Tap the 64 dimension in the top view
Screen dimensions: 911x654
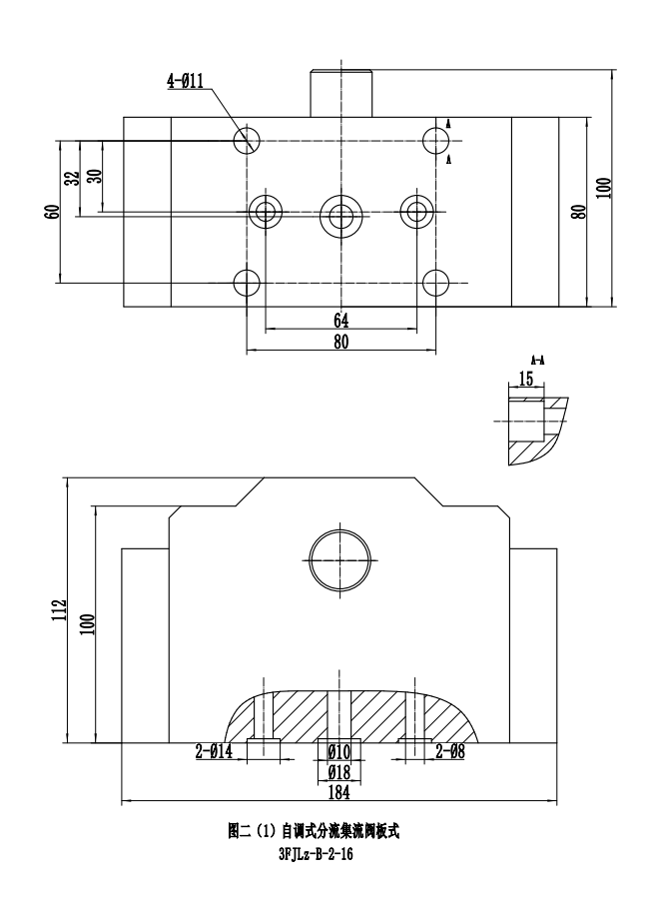click(x=340, y=321)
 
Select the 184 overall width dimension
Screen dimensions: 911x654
click(x=339, y=792)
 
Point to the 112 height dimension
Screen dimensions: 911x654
click(x=60, y=611)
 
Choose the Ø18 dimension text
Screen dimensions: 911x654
click(x=339, y=772)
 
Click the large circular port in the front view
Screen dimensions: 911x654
click(x=339, y=558)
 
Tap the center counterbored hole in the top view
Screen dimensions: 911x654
click(x=340, y=212)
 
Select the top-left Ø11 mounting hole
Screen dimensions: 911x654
click(x=246, y=141)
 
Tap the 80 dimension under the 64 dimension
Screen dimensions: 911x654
click(x=340, y=342)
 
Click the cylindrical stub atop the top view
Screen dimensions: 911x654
click(x=340, y=93)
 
